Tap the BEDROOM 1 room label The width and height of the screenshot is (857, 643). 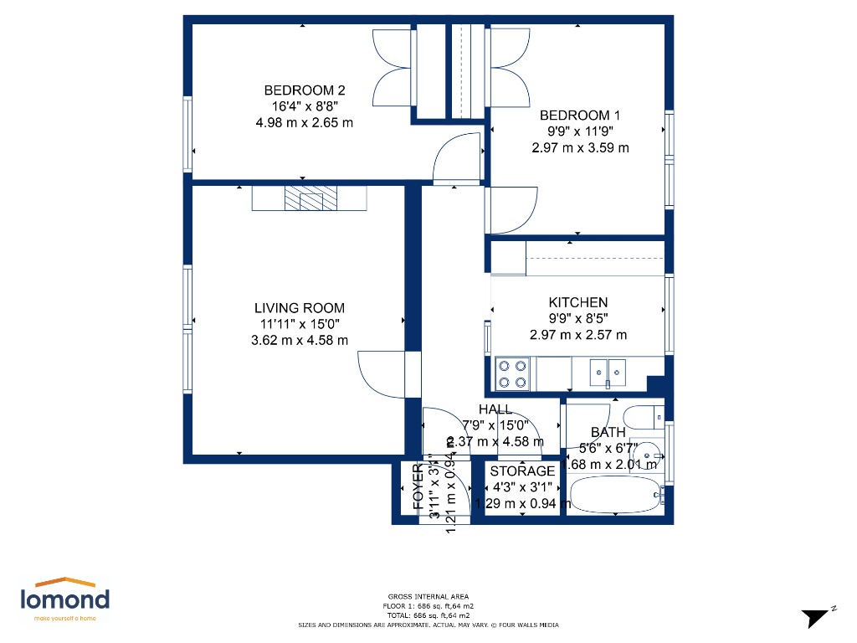(x=580, y=116)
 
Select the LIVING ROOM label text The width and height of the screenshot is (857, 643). (x=300, y=308)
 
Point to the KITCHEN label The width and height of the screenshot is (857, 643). (x=578, y=302)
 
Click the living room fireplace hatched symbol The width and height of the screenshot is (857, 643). (x=310, y=198)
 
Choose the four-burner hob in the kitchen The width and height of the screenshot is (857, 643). (x=512, y=373)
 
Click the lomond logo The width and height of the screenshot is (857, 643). (x=64, y=599)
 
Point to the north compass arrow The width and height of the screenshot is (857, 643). (x=815, y=618)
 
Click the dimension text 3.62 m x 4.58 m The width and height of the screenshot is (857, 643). (x=300, y=340)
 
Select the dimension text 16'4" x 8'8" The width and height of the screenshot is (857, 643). (x=305, y=106)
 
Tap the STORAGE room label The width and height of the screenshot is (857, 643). (x=522, y=471)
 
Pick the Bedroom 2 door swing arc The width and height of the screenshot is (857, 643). (x=456, y=159)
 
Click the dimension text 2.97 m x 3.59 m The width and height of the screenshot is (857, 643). (x=580, y=147)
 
